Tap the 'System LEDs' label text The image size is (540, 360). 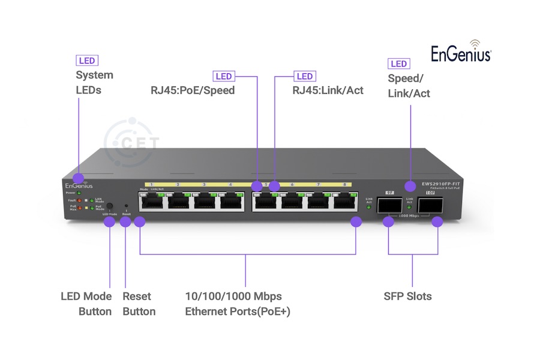pos(94,83)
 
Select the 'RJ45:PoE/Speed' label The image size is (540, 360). pos(192,91)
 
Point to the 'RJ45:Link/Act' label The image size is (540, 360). pos(328,91)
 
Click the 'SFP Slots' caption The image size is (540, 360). pos(407,296)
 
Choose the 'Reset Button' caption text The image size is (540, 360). pos(139,304)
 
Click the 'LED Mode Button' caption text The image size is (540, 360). pos(86,304)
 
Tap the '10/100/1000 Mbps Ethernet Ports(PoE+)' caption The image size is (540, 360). pos(238,304)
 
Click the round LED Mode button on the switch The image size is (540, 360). pos(109,206)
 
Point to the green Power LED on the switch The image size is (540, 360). pos(79,193)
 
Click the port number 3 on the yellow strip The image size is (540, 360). pos(205,184)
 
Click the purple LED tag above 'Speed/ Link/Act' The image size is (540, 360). pos(398,64)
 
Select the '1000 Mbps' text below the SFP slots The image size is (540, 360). pos(409,214)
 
